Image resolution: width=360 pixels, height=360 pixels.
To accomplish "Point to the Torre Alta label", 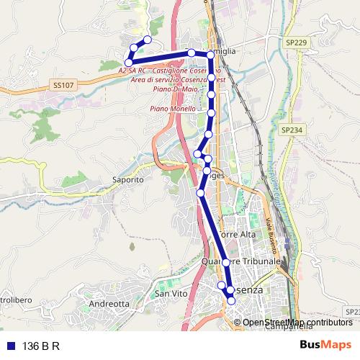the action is (x=237, y=235).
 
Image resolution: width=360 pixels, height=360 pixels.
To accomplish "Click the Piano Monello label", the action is (x=173, y=109).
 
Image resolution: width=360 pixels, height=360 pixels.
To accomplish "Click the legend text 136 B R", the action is (x=41, y=345).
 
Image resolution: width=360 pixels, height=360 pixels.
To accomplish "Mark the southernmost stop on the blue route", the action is (x=231, y=301).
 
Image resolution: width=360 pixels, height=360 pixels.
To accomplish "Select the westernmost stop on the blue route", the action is (x=129, y=63).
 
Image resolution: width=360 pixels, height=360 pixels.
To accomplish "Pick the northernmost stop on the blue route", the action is (x=148, y=40).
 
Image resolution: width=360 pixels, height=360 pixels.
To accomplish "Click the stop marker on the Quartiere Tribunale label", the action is (x=225, y=262).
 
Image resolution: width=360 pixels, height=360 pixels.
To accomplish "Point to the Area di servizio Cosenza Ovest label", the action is (x=179, y=80).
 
